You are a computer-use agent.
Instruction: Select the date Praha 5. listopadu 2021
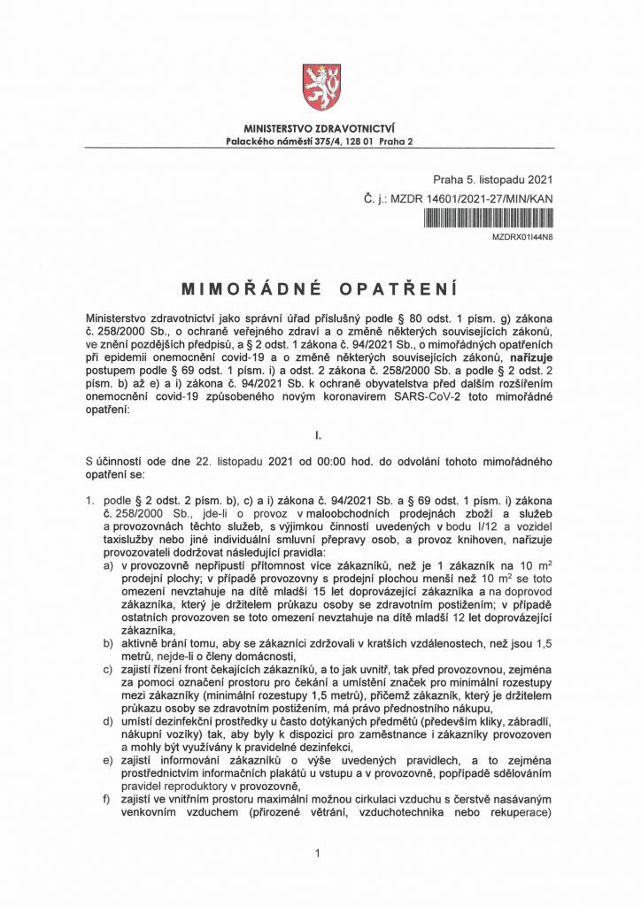(x=493, y=180)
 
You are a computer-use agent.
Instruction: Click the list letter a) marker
(x=108, y=564)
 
